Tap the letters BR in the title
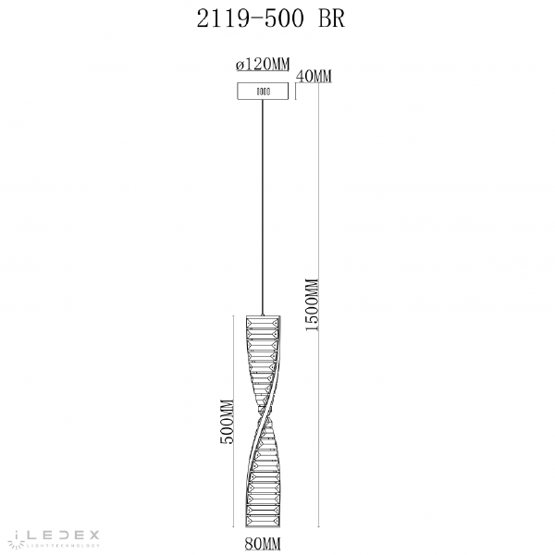click(329, 20)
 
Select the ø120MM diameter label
click(263, 65)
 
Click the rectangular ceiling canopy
click(263, 92)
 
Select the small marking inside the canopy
click(263, 92)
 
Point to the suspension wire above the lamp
click(264, 203)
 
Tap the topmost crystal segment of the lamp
click(264, 321)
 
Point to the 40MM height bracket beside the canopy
click(295, 91)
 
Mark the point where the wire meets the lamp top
click(264, 314)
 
